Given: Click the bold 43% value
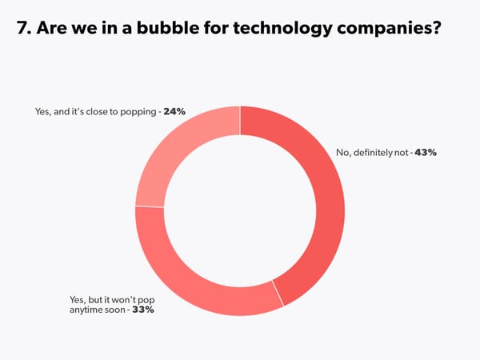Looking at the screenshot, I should [424, 153].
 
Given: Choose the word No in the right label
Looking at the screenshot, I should [340, 153].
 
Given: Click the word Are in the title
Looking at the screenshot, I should [53, 30].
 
